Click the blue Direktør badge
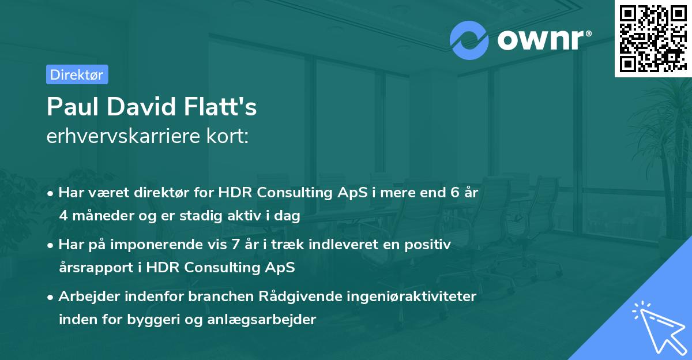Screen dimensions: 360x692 [77, 74]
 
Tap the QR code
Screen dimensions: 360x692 [652, 38]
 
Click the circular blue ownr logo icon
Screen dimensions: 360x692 [469, 40]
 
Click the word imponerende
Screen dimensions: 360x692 [181, 245]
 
